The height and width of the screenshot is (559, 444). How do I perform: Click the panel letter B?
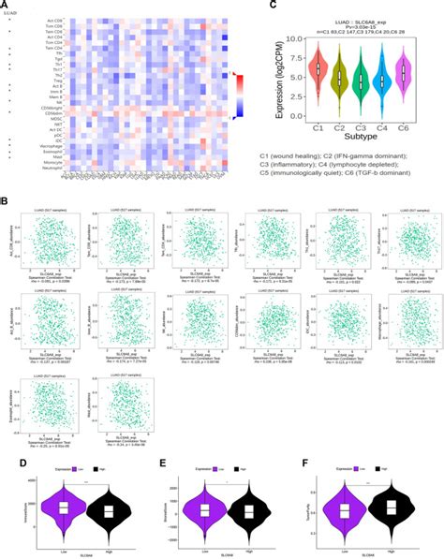[7, 199]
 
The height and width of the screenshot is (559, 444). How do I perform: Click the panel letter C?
[274, 5]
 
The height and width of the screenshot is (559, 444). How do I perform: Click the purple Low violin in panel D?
[63, 512]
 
